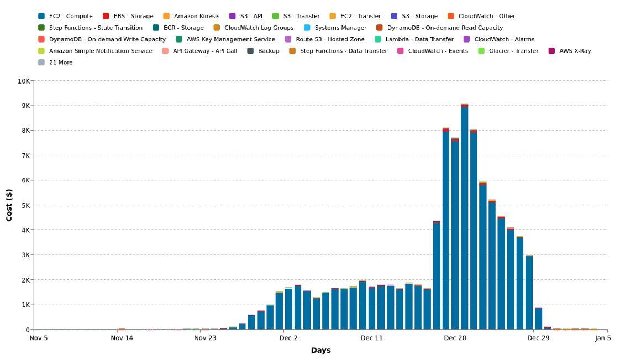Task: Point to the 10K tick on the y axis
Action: click(24, 81)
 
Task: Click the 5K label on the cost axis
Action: click(25, 205)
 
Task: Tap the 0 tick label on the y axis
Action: click(28, 330)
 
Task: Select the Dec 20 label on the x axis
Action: click(455, 338)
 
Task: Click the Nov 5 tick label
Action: click(39, 338)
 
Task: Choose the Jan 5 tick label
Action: click(603, 338)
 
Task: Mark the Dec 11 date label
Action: click(371, 338)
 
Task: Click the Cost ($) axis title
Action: click(9, 205)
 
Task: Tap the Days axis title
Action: click(320, 350)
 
